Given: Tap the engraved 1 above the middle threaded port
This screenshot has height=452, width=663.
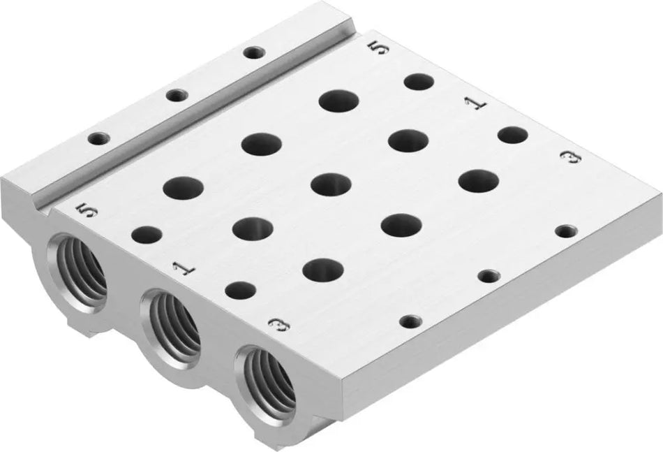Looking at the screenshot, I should click(181, 269).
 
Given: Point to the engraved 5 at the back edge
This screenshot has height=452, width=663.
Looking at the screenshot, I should click(378, 49).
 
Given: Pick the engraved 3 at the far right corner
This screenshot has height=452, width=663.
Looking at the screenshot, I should click(572, 159).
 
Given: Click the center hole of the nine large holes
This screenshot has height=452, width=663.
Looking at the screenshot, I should click(331, 184).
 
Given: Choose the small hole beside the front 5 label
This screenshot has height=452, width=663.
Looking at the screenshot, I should click(147, 235).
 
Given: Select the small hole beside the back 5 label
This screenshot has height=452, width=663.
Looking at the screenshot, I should click(419, 82).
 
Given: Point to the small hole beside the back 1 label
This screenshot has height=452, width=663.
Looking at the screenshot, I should click(513, 134).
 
